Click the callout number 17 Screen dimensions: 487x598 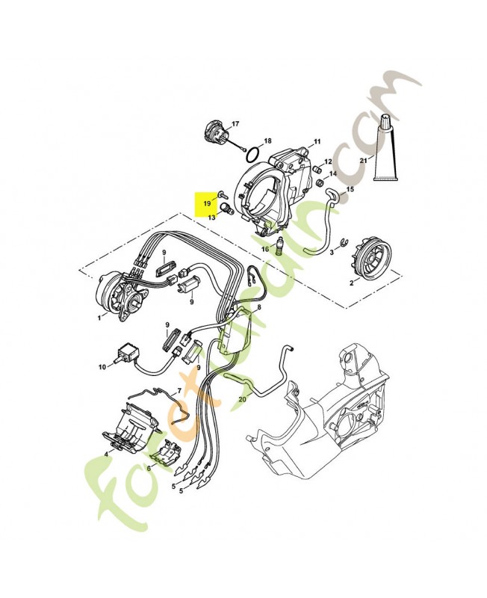click(x=235, y=123)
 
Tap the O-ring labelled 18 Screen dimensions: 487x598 click(x=253, y=155)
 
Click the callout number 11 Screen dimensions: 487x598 click(x=317, y=142)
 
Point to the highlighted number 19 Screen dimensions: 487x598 click(x=207, y=203)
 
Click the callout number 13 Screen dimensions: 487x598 click(x=211, y=217)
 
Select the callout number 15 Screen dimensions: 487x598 click(x=350, y=189)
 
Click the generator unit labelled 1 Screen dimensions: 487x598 click(x=121, y=295)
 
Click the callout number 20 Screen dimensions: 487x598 click(x=242, y=399)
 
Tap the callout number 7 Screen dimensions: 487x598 click(x=179, y=391)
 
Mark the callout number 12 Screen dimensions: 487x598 click(x=328, y=161)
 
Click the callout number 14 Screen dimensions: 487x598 click(x=333, y=173)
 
